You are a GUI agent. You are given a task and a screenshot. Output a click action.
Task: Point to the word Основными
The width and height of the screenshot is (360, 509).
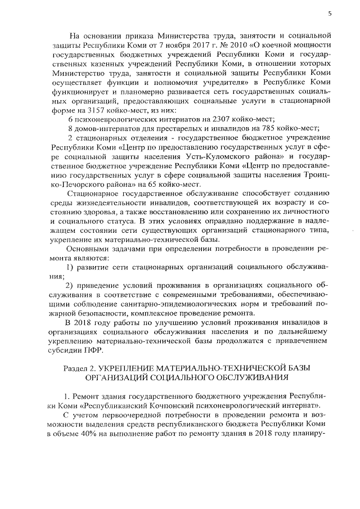click(x=88, y=247)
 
